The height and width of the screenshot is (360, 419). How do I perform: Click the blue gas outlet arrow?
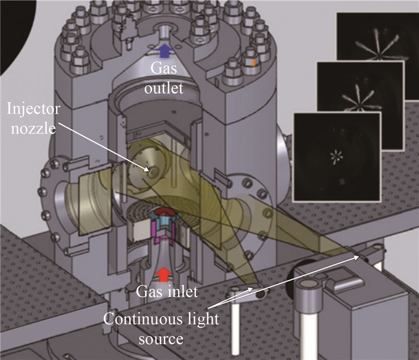[x=165, y=50]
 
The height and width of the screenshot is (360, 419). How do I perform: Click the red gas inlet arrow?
[x=163, y=274]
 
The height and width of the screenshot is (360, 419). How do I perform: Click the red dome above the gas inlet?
[x=162, y=213]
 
